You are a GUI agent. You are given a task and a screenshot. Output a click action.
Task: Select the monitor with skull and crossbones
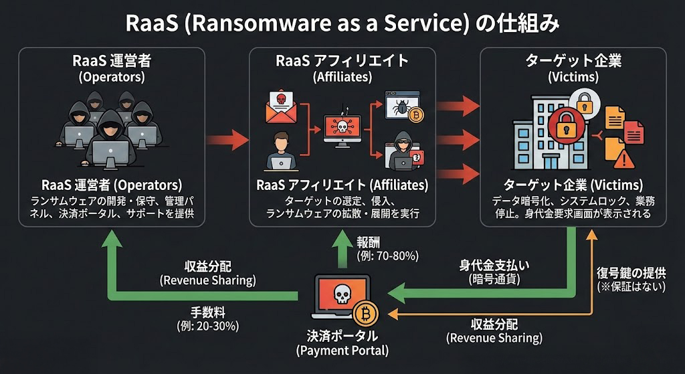pyautogui.click(x=342, y=127)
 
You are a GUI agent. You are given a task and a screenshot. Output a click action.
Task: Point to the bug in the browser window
pyautogui.click(x=402, y=106)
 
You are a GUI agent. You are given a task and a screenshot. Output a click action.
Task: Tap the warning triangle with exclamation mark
pyautogui.click(x=623, y=159)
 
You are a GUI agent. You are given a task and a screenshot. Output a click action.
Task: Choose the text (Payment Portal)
pyautogui.click(x=342, y=350)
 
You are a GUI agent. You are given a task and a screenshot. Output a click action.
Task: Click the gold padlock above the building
pyautogui.click(x=584, y=102)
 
